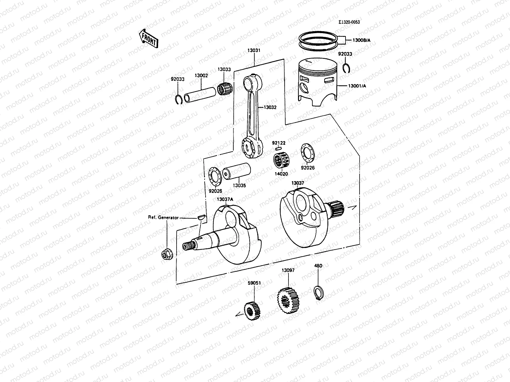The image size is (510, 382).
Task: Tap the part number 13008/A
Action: tap(361, 40)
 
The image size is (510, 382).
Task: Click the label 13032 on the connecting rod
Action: tap(270, 107)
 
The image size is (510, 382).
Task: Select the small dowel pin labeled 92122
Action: tap(278, 148)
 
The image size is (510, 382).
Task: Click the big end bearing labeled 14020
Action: tap(281, 161)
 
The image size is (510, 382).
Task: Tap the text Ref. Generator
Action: tap(163, 217)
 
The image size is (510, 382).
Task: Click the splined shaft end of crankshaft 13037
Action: tap(337, 208)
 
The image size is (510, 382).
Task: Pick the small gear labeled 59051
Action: tap(252, 311)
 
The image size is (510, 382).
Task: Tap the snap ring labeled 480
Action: tap(318, 293)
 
